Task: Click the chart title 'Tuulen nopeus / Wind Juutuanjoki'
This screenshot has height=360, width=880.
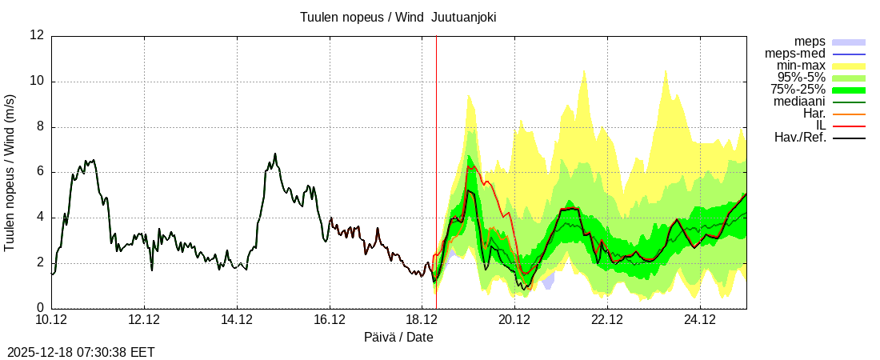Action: pyautogui.click(x=398, y=17)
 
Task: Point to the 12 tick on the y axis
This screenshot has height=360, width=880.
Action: pyautogui.click(x=37, y=36)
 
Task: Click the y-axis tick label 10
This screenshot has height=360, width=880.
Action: pyautogui.click(x=37, y=82)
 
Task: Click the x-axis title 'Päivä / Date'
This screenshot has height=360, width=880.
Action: pyautogui.click(x=398, y=338)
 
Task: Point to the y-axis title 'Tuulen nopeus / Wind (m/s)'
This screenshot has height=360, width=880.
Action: pyautogui.click(x=10, y=172)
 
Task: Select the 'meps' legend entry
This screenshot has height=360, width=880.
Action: pyautogui.click(x=810, y=42)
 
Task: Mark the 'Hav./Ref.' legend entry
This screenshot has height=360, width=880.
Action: pyautogui.click(x=800, y=138)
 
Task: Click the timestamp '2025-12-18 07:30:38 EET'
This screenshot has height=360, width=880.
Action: pyautogui.click(x=81, y=352)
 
